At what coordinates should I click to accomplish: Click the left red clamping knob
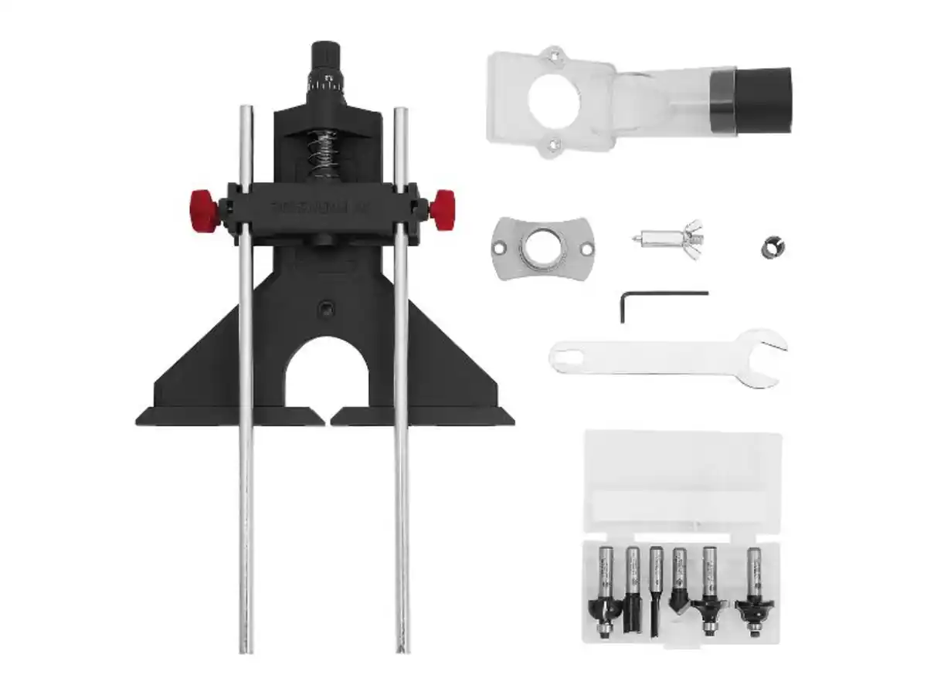203,209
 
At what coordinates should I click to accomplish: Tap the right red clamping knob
444,209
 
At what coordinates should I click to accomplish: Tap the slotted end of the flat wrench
572,358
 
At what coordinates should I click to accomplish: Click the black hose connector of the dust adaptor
761,99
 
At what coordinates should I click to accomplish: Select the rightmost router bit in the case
750,595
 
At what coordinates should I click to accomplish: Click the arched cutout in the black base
326,378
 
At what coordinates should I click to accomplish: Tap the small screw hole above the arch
326,310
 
